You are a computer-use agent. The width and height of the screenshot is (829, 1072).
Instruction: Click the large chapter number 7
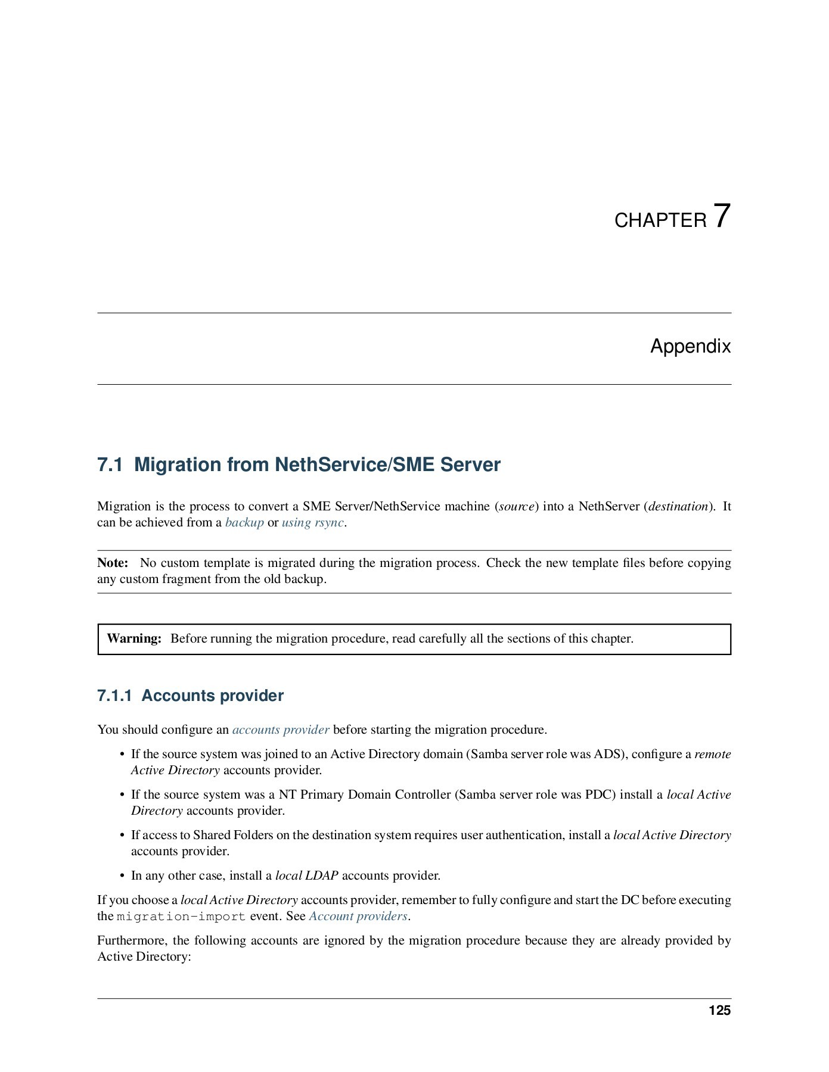[x=722, y=216]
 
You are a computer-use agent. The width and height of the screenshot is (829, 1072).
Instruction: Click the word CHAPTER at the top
[x=660, y=220]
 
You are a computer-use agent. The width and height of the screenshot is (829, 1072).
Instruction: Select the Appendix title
[x=690, y=346]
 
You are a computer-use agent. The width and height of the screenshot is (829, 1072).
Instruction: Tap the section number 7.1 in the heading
[x=110, y=465]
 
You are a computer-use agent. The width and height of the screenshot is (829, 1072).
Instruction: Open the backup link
[x=244, y=522]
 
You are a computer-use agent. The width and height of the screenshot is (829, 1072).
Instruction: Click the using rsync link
[x=313, y=522]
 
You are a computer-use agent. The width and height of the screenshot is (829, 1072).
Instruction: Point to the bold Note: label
[x=113, y=563]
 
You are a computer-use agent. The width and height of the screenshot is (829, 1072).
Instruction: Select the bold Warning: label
[x=134, y=638]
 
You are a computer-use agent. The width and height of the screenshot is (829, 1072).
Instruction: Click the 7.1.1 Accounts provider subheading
[x=190, y=696]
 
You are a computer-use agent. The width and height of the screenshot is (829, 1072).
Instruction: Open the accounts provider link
[x=281, y=730]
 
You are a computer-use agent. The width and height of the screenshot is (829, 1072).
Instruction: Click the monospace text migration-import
[x=181, y=917]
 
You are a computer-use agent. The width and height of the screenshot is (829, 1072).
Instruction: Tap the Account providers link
[x=358, y=916]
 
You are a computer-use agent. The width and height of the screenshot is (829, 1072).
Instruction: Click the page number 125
[x=719, y=1011]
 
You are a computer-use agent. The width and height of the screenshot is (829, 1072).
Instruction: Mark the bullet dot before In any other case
[x=123, y=876]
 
